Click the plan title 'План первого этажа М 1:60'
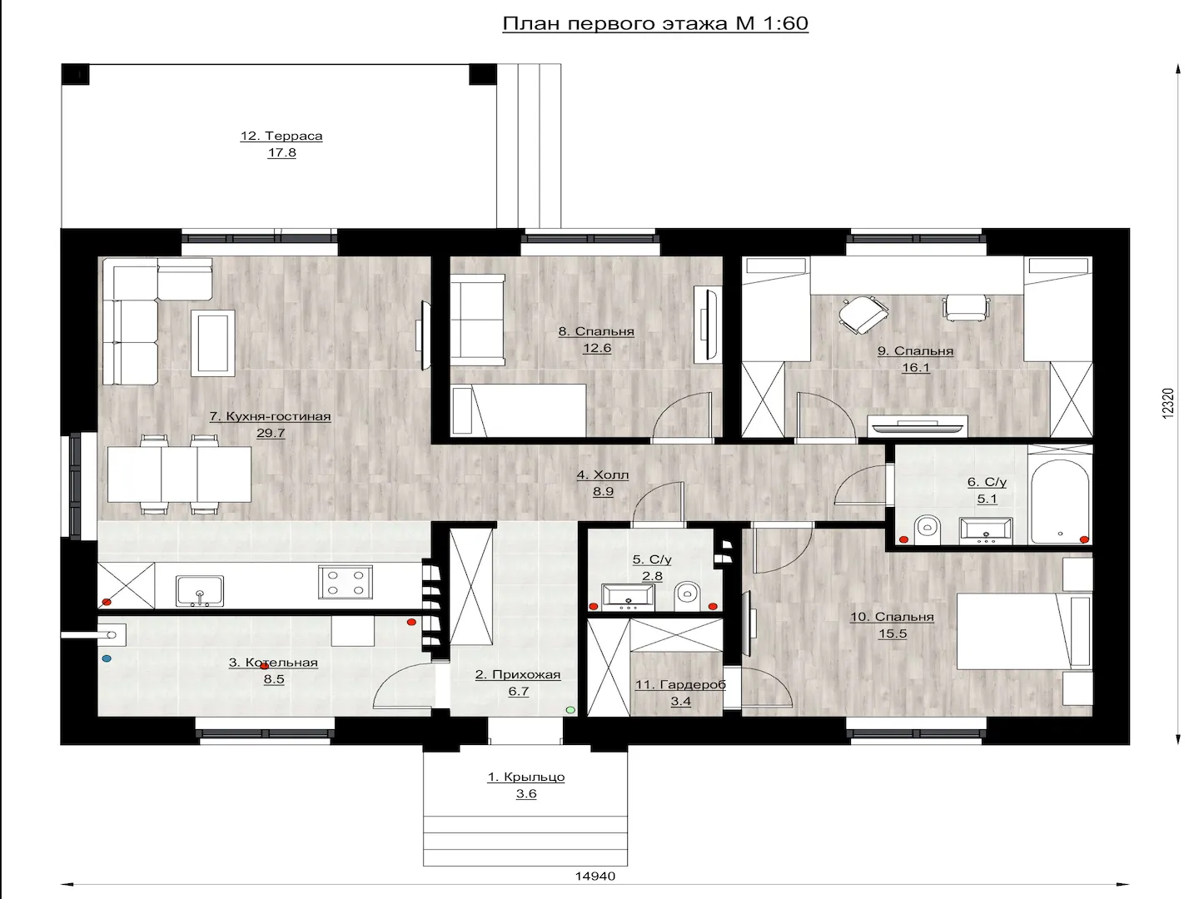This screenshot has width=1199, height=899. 655,23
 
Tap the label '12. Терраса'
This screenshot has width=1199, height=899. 281,136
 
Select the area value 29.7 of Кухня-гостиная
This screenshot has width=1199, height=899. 271,434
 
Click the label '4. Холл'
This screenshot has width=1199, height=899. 603,474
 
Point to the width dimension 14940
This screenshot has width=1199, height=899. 595,876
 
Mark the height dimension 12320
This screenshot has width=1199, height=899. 1167,404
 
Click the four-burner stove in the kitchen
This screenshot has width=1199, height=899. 346,582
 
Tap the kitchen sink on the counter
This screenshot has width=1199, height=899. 199,591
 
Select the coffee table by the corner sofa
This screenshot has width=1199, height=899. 213,343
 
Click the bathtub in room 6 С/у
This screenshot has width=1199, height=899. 1060,501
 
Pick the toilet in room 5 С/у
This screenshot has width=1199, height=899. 687,597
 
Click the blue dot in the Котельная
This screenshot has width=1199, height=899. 107,658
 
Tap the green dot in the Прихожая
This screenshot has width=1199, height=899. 570,709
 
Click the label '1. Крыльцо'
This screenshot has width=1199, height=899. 526,777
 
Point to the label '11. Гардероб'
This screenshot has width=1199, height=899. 680,684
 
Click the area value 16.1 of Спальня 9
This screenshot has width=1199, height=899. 916,368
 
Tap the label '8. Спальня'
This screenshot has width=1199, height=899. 596,331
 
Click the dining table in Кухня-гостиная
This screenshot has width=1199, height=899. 179,474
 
